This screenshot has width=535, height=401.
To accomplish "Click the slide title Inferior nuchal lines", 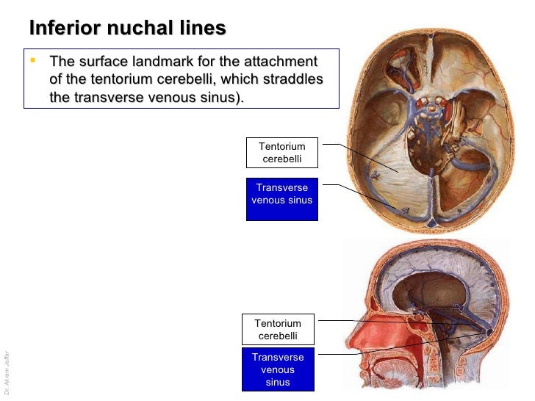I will point(127,29).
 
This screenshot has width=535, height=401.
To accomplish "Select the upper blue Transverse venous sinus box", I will point(282,199).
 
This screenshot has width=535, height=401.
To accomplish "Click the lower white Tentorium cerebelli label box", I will point(278,329).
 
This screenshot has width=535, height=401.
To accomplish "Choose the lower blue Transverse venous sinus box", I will point(278,369).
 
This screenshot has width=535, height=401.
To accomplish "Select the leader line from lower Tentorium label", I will point(367,321).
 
